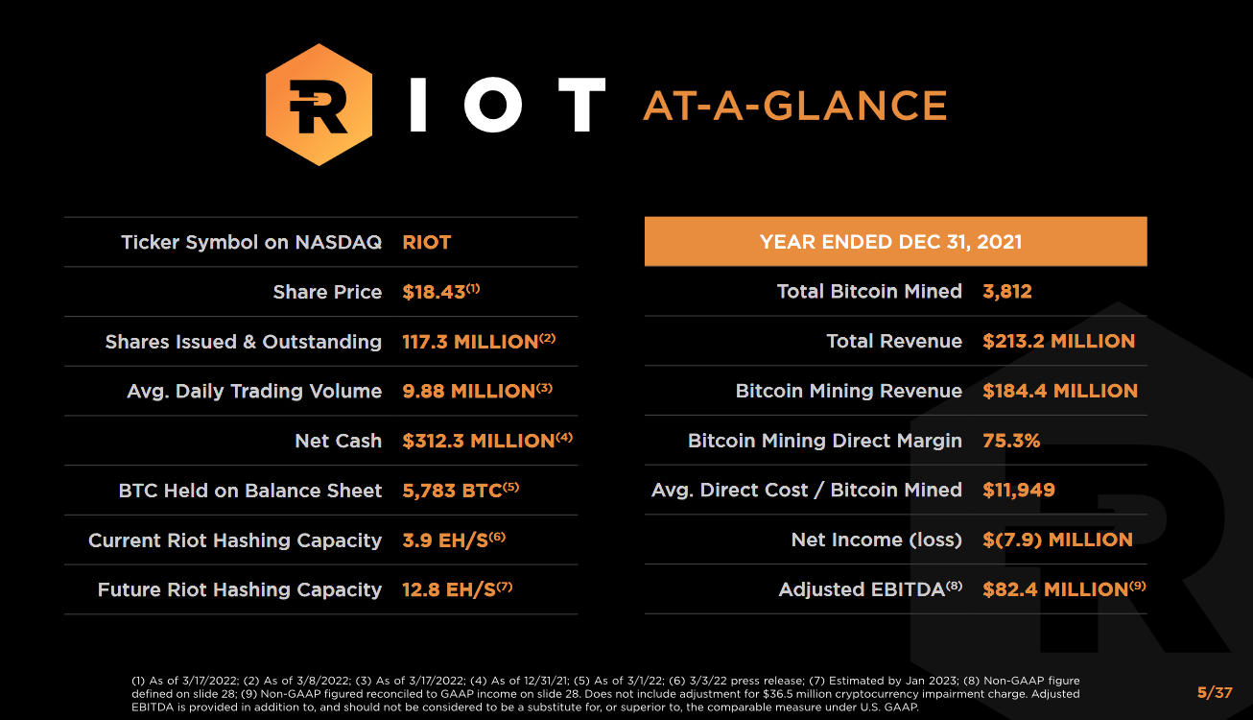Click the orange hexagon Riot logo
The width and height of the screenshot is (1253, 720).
[318, 104]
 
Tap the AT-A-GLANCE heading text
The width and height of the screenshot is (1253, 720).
[794, 106]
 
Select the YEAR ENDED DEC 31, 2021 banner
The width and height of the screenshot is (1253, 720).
[895, 242]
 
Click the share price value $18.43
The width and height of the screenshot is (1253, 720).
[434, 292]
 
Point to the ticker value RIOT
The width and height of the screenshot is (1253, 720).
[427, 242]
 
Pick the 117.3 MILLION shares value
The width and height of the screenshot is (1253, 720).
[470, 342]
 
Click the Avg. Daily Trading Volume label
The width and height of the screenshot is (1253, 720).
[254, 391]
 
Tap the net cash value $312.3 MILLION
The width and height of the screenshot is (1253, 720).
[479, 441]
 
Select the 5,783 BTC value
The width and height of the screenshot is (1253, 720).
[453, 491]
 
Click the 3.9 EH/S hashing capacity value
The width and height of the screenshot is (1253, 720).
[445, 540]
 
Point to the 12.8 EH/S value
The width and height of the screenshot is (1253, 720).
[449, 589]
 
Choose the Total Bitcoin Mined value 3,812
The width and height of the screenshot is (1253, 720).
[1007, 292]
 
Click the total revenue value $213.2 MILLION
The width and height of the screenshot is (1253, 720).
[1058, 341]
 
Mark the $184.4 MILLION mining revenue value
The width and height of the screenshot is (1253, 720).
[1060, 391]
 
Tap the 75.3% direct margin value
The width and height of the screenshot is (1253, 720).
[1011, 441]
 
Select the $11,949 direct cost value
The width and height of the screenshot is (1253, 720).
[1019, 490]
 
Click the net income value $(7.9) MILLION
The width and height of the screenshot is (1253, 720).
[1057, 540]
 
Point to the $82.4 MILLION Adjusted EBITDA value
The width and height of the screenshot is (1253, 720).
[1055, 589]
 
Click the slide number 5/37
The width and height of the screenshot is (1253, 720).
[1215, 692]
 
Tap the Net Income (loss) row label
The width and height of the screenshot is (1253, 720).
[876, 540]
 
